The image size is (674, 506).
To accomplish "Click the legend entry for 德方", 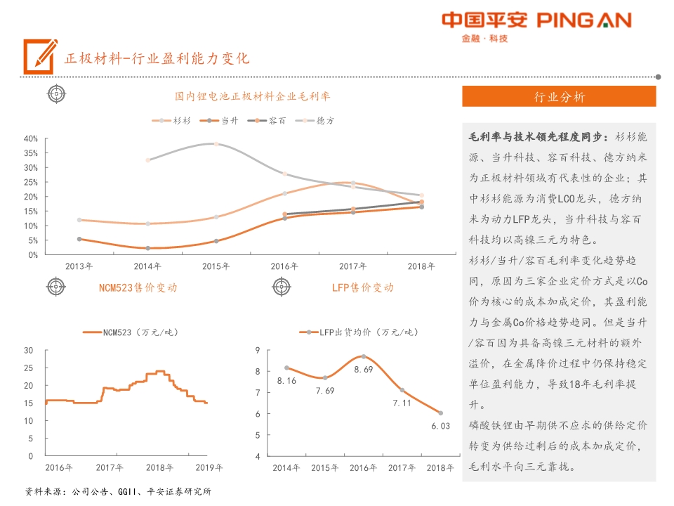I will click(317, 121).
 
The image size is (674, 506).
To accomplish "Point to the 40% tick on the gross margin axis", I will click(30, 138).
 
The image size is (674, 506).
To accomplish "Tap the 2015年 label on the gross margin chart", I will click(216, 266).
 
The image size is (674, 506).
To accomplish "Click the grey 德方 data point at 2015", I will click(216, 144).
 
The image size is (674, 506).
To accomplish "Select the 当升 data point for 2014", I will click(147, 248).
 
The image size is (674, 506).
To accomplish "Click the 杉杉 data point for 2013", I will click(79, 220).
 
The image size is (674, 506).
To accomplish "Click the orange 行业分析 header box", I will click(559, 97).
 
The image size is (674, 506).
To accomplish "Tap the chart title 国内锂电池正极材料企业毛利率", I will click(253, 96).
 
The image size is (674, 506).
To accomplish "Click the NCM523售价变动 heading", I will click(138, 287).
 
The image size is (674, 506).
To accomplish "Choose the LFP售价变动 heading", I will click(363, 287).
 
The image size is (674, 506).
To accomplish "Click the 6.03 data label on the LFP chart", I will click(441, 426).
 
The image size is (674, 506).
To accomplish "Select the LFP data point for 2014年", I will click(286, 368).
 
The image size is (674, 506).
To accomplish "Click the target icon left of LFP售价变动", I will click(281, 287).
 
